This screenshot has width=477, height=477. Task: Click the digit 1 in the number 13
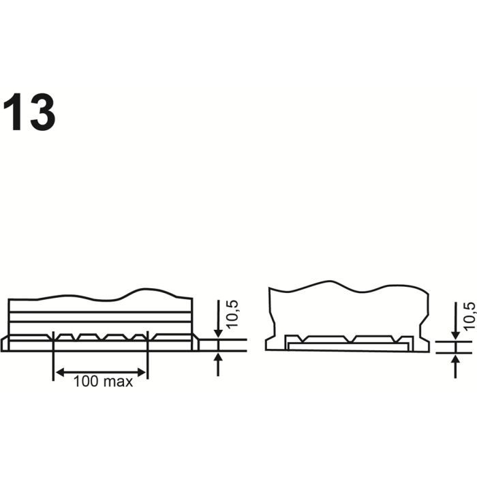14,112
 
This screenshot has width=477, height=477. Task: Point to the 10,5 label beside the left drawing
232,313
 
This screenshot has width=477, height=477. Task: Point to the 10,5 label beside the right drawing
470,316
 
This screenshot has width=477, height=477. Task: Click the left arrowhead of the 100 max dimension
60,372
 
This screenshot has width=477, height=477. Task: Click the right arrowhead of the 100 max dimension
142,372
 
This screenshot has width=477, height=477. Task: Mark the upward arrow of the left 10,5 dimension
218,365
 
